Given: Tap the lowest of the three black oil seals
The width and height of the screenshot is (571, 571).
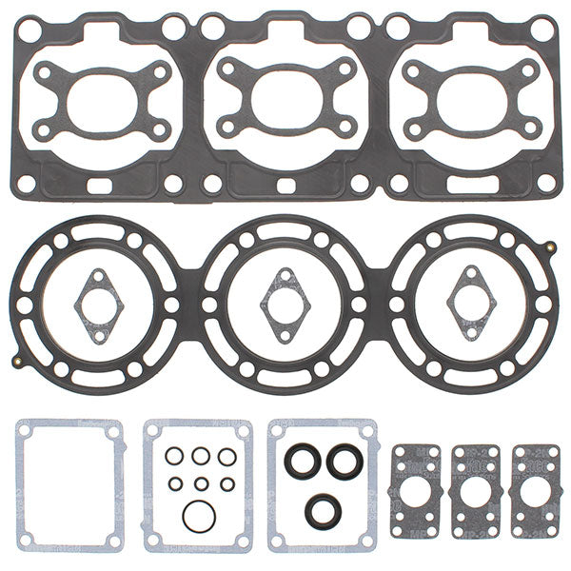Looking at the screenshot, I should (x=321, y=510).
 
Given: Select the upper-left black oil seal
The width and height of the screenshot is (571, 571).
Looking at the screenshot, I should (x=303, y=462).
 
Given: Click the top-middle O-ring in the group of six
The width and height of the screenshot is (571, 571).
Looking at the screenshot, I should (x=200, y=457).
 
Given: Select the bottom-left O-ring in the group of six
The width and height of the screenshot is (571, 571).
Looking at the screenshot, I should (x=175, y=484).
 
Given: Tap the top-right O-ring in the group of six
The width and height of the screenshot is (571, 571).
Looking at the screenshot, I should (x=227, y=457).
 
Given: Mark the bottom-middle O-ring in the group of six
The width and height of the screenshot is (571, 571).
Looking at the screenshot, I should (x=200, y=484).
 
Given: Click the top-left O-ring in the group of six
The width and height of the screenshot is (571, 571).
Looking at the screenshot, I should (x=174, y=457).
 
